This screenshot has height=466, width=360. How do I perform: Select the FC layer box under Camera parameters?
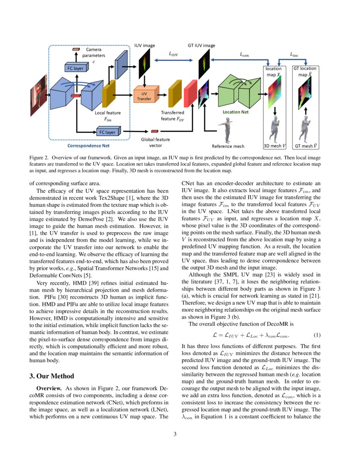point(76,68)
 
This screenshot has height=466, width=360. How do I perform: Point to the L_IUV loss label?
point(173,54)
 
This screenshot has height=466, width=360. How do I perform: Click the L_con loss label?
point(244,54)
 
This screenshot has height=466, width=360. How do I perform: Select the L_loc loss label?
point(294,54)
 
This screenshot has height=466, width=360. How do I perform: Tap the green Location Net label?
point(235,112)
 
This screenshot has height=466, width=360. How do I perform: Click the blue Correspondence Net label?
point(89,145)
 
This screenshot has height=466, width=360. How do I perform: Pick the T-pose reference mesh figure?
point(226,129)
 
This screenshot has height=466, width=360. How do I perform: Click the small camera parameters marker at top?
point(76,50)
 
